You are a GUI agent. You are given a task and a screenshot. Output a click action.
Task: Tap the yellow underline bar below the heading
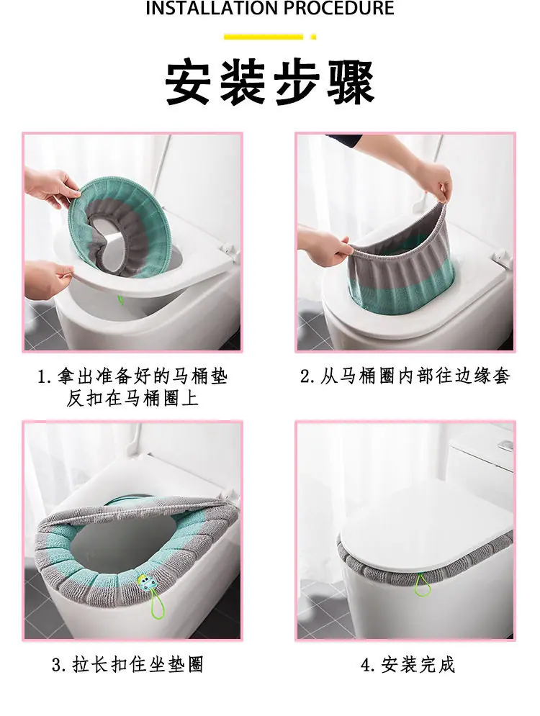click(x=263, y=37)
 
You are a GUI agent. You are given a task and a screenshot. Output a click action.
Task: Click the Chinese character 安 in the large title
click(x=188, y=83)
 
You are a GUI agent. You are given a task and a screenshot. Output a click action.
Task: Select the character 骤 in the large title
click(x=351, y=83)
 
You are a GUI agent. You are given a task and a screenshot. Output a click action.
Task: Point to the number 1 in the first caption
click(x=42, y=377)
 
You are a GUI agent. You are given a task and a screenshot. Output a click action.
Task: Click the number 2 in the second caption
click(x=305, y=376)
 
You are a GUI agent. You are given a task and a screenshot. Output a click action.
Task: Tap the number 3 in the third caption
click(x=57, y=665)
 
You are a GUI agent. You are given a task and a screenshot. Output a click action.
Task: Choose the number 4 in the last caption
click(x=366, y=666)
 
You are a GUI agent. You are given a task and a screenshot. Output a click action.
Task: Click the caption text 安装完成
click(x=418, y=665)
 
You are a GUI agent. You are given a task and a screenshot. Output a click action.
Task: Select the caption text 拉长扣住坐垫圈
click(x=138, y=664)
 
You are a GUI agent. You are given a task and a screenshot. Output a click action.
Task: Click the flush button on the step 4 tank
click(x=505, y=444)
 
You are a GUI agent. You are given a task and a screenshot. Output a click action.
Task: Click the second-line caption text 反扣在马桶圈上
click(x=132, y=399)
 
